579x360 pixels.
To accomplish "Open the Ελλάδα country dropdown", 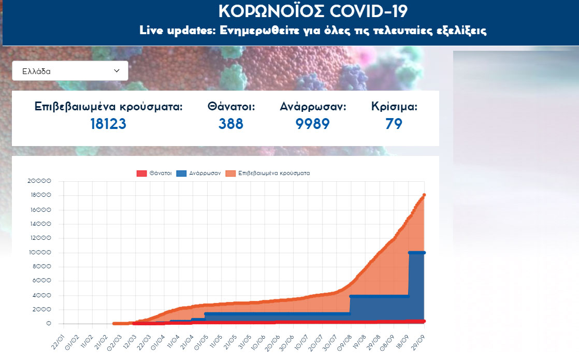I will pos(70,71).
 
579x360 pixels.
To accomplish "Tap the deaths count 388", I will pos(231,124).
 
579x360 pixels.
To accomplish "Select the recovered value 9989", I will pos(312,124).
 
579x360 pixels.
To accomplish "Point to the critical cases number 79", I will pos(394,124).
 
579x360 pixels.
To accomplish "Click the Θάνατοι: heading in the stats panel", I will pos(231,107).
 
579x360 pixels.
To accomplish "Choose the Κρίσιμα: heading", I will pos(394,107).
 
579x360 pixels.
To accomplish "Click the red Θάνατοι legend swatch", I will pos(141,174).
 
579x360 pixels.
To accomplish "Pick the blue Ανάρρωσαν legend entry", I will pos(199,174).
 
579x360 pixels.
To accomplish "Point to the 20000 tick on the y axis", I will pos(40,181).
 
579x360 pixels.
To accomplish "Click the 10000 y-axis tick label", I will pos(40,253).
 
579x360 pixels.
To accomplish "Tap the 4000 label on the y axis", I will pos(41,295).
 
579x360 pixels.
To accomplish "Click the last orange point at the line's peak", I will pos(424,195).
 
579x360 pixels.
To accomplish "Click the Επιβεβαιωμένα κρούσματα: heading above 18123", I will pos(109,107).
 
